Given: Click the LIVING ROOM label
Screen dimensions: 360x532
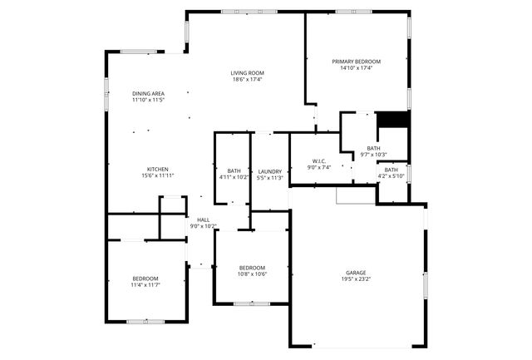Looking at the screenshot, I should (x=247, y=72).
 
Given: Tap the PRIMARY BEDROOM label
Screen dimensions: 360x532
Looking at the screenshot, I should (x=356, y=62).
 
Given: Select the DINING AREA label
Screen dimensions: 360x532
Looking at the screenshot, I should (x=149, y=92).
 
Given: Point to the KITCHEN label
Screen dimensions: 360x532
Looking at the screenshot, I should (x=158, y=169).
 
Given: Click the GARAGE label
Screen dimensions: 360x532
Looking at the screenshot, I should (x=356, y=273).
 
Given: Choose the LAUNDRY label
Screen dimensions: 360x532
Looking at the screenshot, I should (x=270, y=171).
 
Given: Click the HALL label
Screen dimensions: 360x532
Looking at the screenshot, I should (x=203, y=219).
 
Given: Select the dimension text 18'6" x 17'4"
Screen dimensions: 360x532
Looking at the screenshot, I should (x=247, y=80).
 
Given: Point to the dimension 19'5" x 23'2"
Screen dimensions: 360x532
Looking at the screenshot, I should (x=356, y=280).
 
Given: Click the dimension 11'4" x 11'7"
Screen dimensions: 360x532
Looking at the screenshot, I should (x=145, y=285).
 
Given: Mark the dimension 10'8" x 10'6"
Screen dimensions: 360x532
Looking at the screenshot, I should (x=252, y=274).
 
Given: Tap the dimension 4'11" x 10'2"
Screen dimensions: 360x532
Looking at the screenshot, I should (x=234, y=177).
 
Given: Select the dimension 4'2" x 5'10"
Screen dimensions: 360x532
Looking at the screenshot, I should (x=391, y=175).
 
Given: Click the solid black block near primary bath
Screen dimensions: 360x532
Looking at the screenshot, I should (x=392, y=120).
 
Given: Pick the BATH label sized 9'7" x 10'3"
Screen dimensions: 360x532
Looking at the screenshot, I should (x=373, y=149).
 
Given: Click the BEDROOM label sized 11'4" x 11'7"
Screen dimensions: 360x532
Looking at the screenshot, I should (x=145, y=278).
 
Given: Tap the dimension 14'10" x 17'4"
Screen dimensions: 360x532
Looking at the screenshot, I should (x=356, y=69).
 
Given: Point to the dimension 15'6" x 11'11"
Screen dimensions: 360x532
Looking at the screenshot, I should (x=158, y=175).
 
